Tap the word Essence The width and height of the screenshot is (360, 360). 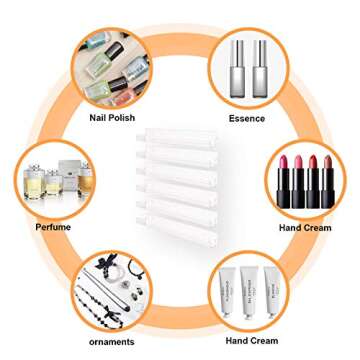tap(246, 118)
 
